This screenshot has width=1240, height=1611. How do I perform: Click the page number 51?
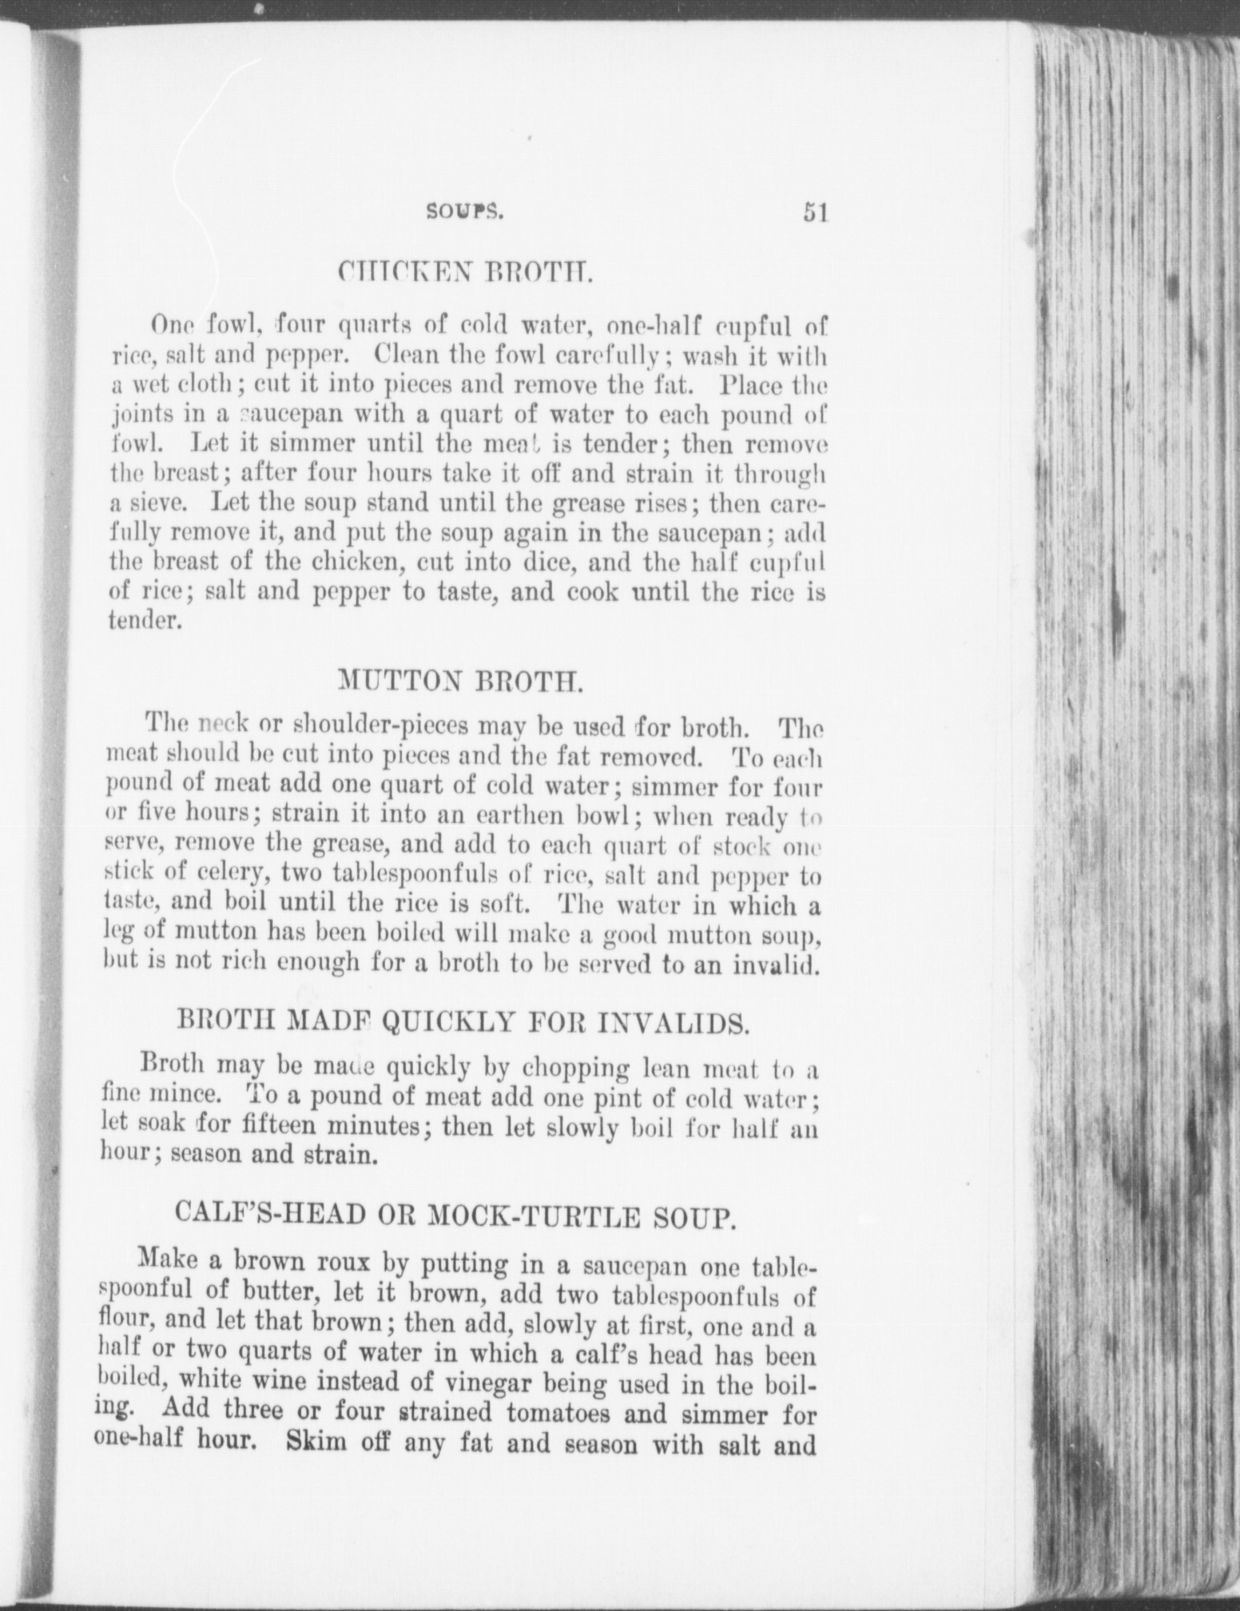point(814,213)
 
